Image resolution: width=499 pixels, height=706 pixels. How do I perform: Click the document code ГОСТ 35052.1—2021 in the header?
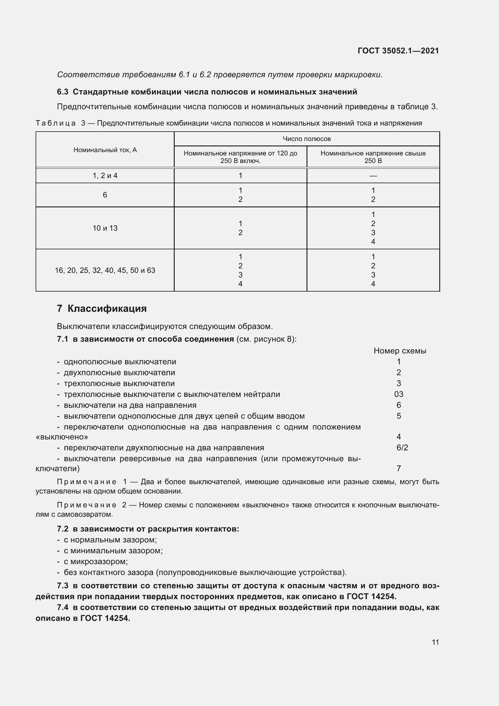pyautogui.click(x=398, y=51)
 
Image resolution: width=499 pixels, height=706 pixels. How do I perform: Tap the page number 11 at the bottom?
pyautogui.click(x=435, y=642)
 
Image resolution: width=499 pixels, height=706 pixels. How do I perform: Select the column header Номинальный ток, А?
pyautogui.click(x=105, y=150)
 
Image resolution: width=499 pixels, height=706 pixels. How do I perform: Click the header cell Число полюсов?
pyautogui.click(x=307, y=139)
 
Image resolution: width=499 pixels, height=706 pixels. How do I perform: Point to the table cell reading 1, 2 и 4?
pyautogui.click(x=105, y=176)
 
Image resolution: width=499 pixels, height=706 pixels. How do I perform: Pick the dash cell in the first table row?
pyautogui.click(x=373, y=176)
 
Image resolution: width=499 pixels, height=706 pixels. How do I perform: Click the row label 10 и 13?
pyautogui.click(x=105, y=228)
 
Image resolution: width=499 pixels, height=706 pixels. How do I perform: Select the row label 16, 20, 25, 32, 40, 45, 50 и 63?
pyautogui.click(x=105, y=270)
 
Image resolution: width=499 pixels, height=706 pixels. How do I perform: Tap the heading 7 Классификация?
pyautogui.click(x=102, y=308)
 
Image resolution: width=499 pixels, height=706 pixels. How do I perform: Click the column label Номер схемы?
pyautogui.click(x=400, y=351)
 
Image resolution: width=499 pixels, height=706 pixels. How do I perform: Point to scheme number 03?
pyautogui.click(x=399, y=394)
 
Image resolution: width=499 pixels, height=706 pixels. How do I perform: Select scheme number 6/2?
pyautogui.click(x=402, y=448)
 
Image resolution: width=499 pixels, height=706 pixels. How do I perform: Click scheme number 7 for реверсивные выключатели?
pyautogui.click(x=399, y=468)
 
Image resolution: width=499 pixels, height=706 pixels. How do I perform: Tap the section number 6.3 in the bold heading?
pyautogui.click(x=63, y=92)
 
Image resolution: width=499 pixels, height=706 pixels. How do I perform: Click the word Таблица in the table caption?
pyautogui.click(x=56, y=123)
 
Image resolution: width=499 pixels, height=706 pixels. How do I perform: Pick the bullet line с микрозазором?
pyautogui.click(x=96, y=561)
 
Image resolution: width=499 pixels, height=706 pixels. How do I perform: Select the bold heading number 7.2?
pyautogui.click(x=63, y=529)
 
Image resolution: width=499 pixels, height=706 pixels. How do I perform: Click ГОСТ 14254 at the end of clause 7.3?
pyautogui.click(x=371, y=596)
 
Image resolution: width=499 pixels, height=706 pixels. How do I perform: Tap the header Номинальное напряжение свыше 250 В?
pyautogui.click(x=373, y=157)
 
